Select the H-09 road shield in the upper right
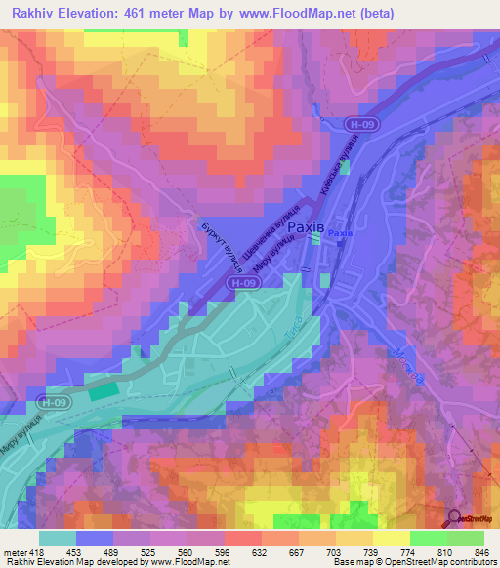pos(360,125)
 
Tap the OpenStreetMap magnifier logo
pos(454,517)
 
